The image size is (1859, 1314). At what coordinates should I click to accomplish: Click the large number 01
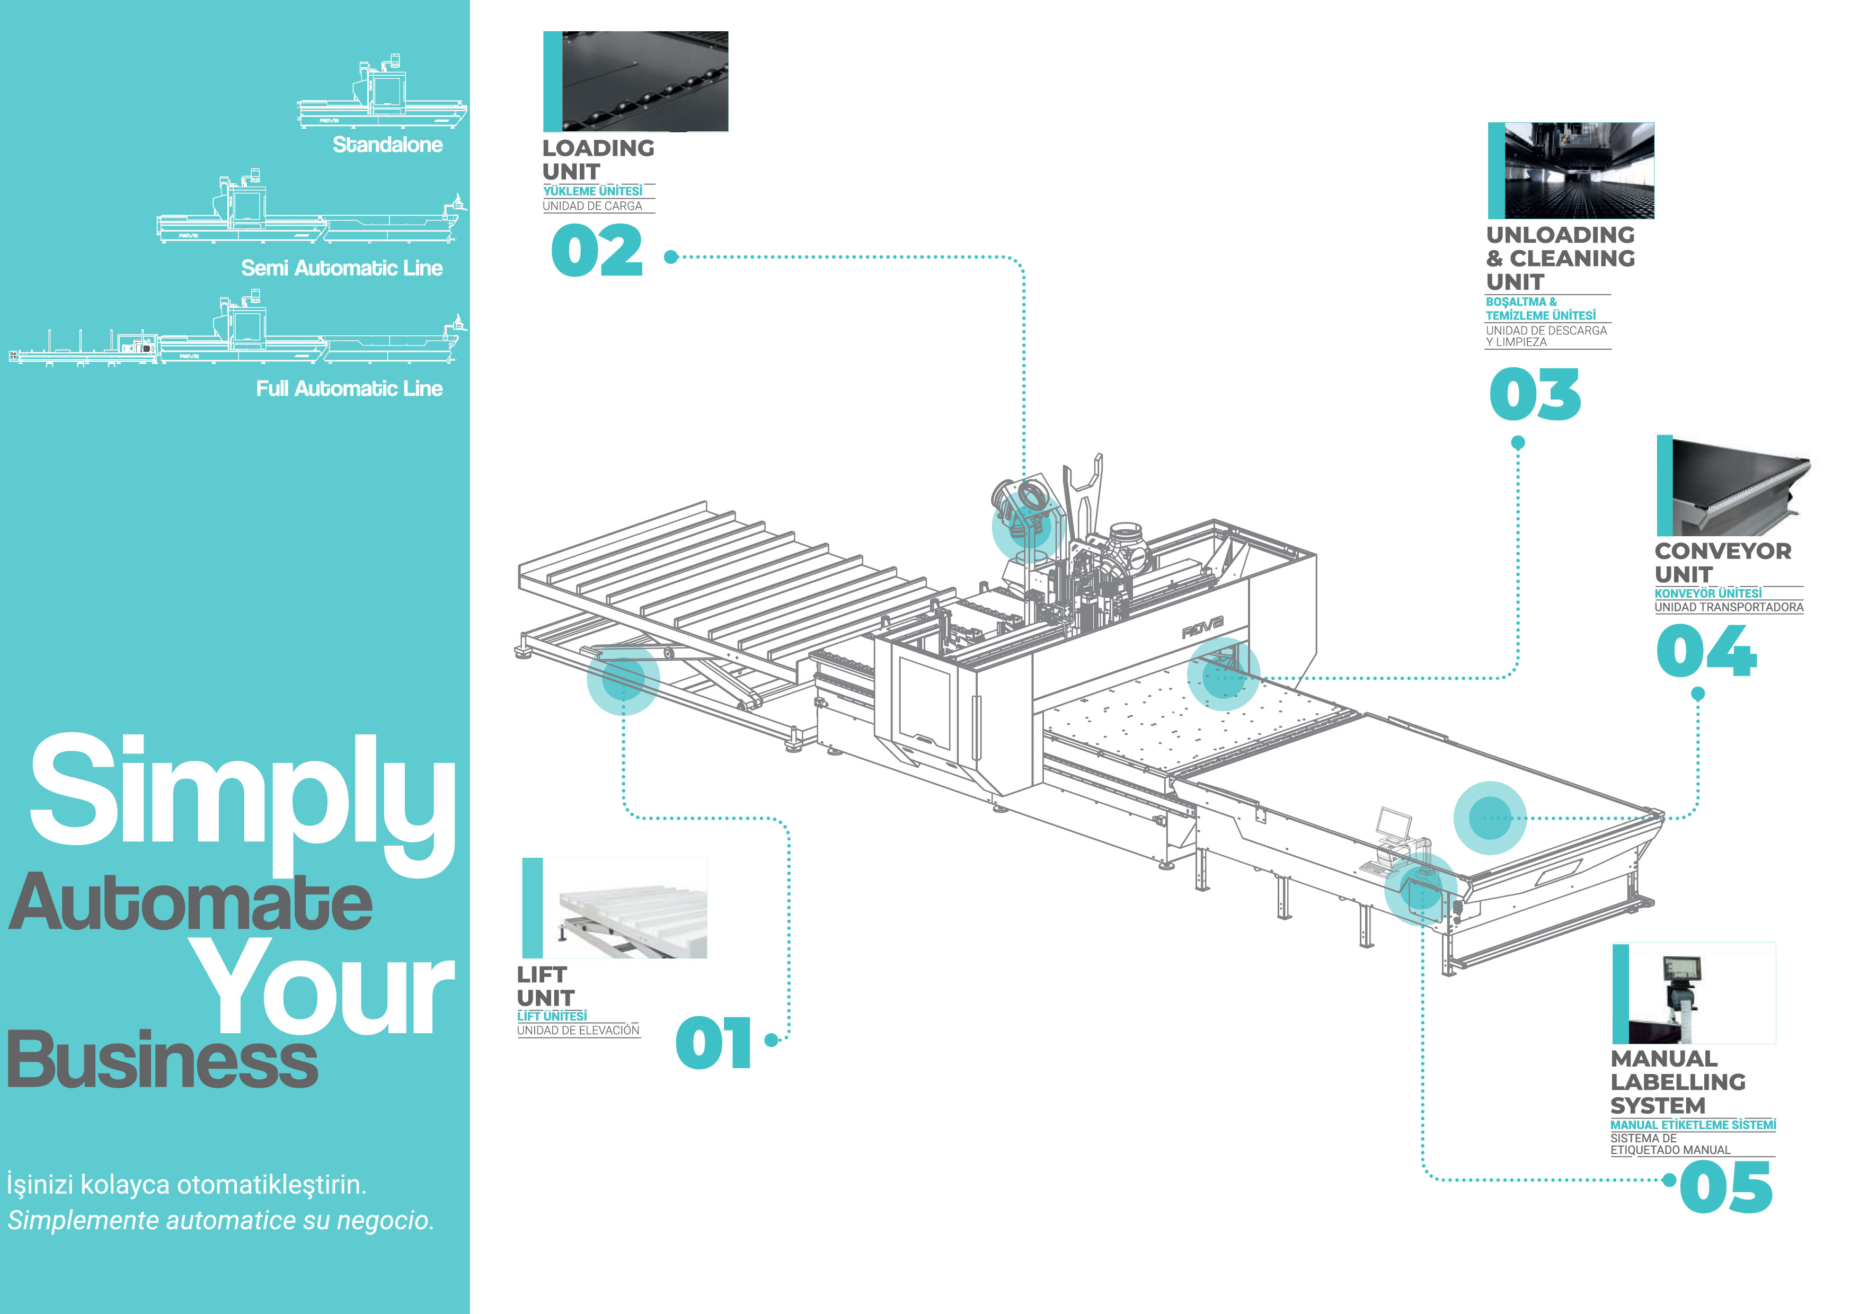pos(713,1042)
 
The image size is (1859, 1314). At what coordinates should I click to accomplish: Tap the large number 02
pos(597,251)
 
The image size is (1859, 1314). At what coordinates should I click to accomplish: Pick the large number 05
pos(1725,1187)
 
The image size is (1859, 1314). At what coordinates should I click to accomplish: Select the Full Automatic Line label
pos(349,388)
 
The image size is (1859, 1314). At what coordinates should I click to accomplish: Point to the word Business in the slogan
pos(162,1061)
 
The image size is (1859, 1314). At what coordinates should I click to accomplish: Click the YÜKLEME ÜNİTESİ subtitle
pos(592,191)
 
